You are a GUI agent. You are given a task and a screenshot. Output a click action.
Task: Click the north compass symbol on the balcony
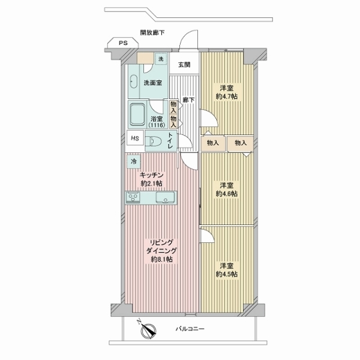[x=148, y=331]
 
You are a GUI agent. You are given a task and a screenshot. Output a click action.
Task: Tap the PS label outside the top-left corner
[x=123, y=43]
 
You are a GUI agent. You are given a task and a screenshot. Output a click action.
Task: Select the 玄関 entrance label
[x=184, y=65]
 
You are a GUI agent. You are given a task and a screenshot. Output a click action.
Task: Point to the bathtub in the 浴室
[x=137, y=115]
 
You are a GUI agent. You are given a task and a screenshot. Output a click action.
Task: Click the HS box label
[x=135, y=138]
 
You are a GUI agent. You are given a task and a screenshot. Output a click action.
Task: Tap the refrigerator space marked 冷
[x=134, y=161]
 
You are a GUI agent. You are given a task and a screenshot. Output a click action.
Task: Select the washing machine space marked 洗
[x=161, y=59]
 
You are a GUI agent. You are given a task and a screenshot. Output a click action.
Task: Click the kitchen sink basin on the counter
[x=165, y=197]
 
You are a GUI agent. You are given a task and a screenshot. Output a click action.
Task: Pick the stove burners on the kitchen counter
[x=133, y=197]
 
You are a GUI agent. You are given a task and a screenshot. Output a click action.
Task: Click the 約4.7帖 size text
[x=227, y=97]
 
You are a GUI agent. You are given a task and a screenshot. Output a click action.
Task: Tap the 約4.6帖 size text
[x=227, y=194]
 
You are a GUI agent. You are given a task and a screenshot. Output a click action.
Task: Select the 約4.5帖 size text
[x=227, y=274]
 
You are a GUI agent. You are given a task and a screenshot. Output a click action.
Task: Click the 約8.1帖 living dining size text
[x=162, y=259]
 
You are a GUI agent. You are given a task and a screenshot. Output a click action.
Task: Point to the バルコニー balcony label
[x=190, y=329]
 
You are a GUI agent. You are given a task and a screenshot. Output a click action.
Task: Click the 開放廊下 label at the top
[x=152, y=33]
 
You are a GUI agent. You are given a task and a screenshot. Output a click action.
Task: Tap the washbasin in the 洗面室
[x=133, y=82]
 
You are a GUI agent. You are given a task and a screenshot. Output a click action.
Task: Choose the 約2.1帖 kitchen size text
[x=152, y=184]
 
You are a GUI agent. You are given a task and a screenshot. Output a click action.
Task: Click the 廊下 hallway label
[x=189, y=100]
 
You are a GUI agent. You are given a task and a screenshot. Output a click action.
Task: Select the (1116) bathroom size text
[x=157, y=125]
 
